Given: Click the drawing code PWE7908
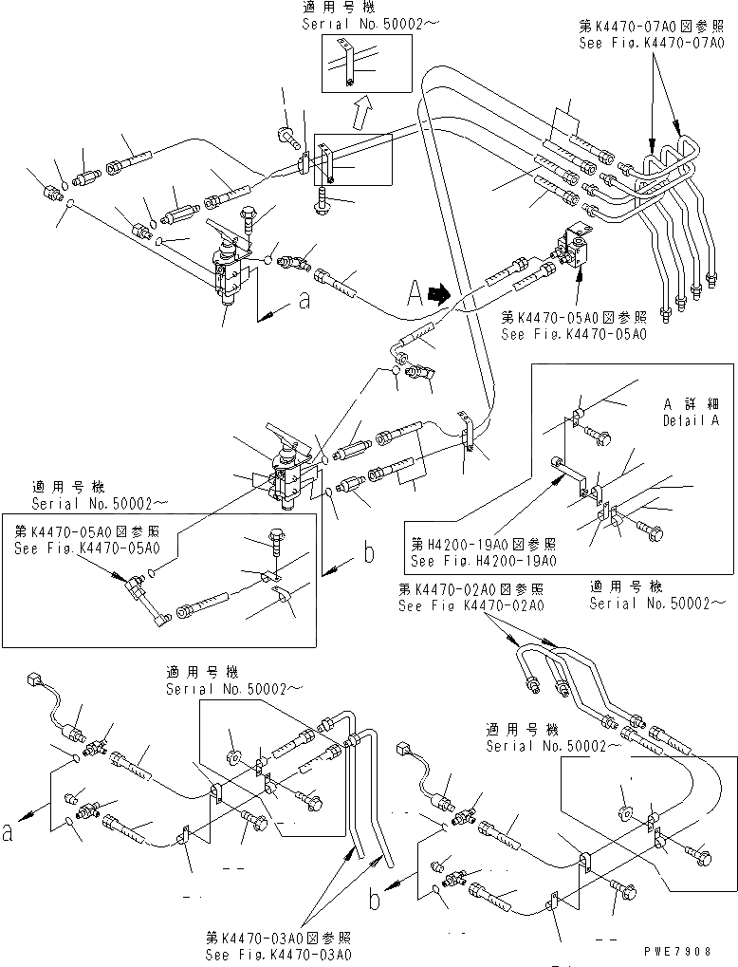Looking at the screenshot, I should tap(696, 949).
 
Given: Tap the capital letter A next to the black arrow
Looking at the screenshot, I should tap(414, 295).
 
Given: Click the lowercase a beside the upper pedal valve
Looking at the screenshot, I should tap(304, 302).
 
